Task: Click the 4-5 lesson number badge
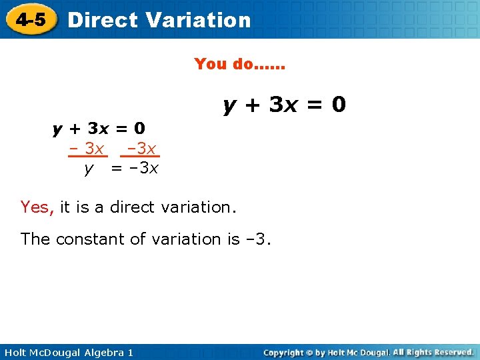[31, 19]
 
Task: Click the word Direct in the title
[102, 20]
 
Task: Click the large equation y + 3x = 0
[285, 105]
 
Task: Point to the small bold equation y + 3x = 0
[99, 127]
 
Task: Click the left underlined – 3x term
[88, 147]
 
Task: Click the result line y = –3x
[121, 168]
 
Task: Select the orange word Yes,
[37, 207]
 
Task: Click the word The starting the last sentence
[36, 239]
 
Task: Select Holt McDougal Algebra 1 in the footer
[67, 352]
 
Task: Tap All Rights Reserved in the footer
[433, 352]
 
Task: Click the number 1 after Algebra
[130, 352]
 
